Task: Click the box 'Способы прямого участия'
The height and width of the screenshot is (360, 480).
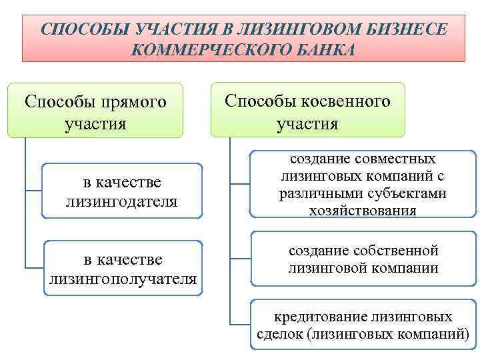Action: [95, 111]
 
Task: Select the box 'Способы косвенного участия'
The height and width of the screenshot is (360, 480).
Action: [308, 111]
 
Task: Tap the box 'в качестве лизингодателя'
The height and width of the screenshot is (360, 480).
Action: [122, 191]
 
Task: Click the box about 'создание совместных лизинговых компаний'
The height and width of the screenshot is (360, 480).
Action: [363, 185]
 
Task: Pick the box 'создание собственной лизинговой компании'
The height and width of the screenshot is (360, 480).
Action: [363, 260]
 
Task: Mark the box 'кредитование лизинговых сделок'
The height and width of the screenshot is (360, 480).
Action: [363, 325]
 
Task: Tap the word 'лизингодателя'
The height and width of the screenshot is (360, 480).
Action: [122, 201]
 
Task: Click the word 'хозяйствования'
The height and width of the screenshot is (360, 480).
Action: [363, 211]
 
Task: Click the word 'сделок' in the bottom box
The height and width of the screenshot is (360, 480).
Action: [280, 334]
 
